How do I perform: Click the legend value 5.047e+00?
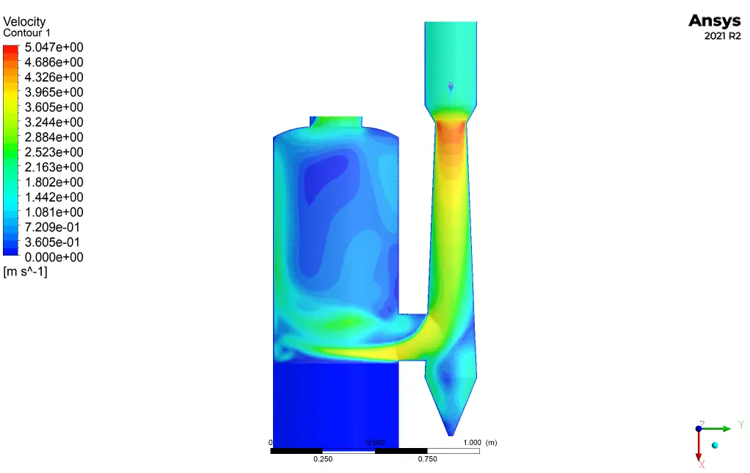click(x=54, y=48)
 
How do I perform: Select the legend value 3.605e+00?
click(x=54, y=107)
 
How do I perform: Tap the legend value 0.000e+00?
click(x=54, y=257)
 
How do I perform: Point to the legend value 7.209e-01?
click(x=52, y=227)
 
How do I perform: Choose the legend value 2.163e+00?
click(x=54, y=167)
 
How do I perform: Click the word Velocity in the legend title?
click(x=24, y=22)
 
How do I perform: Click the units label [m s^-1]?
click(x=26, y=272)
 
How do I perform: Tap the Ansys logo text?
click(x=715, y=21)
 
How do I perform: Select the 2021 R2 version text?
click(x=722, y=36)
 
